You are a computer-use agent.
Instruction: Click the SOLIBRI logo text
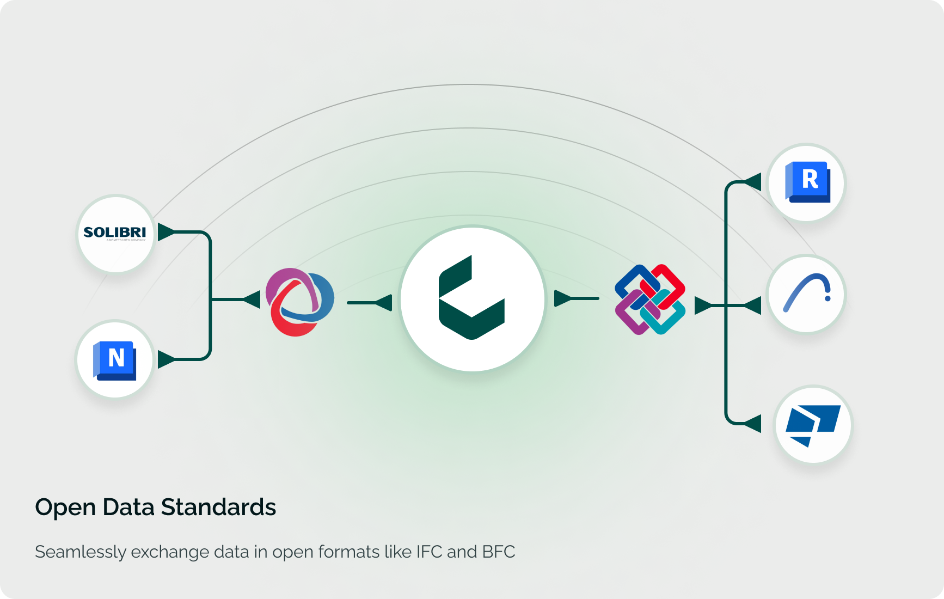pyautogui.click(x=115, y=233)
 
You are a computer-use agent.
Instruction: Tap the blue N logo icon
pyautogui.click(x=115, y=359)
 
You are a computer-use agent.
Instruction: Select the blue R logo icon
pyautogui.click(x=807, y=182)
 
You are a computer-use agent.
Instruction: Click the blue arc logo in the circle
pyautogui.click(x=807, y=293)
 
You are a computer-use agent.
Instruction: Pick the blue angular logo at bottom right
pyautogui.click(x=813, y=425)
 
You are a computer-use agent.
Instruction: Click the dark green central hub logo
pyautogui.click(x=472, y=298)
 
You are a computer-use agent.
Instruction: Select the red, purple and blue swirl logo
pyautogui.click(x=299, y=302)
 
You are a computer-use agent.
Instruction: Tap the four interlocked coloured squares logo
pyautogui.click(x=650, y=299)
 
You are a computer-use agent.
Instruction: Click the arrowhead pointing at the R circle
pyautogui.click(x=753, y=182)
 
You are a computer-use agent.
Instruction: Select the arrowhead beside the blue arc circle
pyautogui.click(x=753, y=306)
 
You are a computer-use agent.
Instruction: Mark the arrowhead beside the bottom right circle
pyautogui.click(x=753, y=423)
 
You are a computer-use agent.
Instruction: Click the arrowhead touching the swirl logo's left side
pyautogui.click(x=252, y=299)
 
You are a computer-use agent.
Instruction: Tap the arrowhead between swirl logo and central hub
pyautogui.click(x=384, y=303)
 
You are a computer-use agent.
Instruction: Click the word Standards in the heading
pyautogui.click(x=218, y=508)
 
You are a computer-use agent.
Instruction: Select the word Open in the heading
pyautogui.click(x=65, y=508)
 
